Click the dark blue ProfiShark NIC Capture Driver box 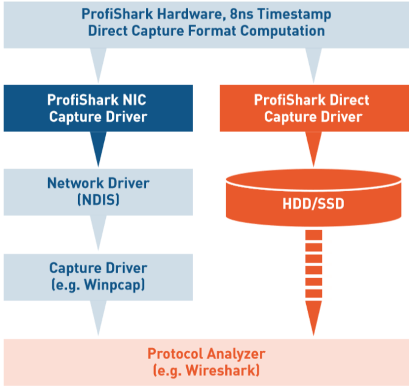coord(98,108)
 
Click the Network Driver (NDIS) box coord(98,191)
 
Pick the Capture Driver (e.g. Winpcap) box coord(98,276)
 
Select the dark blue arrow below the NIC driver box coord(98,148)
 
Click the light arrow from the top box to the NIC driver coord(98,64)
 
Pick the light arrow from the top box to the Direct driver coord(313,64)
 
